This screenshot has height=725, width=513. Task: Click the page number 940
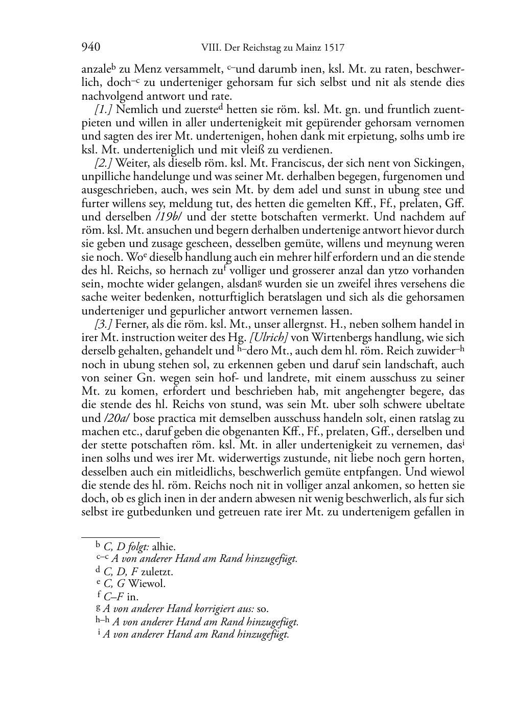click(x=90, y=48)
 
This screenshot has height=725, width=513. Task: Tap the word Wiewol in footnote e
click(x=147, y=584)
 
